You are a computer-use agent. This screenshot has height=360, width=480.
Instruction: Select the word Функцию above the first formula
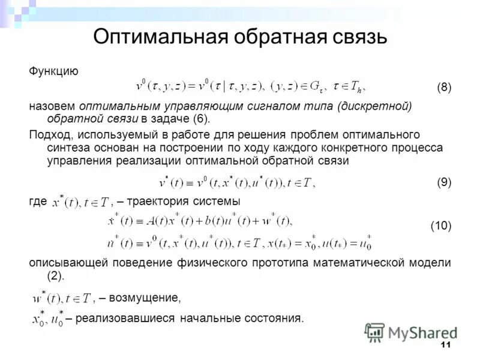[x=54, y=71]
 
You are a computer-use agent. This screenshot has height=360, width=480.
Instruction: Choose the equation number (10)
[x=441, y=226]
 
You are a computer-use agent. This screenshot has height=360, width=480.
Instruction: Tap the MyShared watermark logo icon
[x=375, y=332]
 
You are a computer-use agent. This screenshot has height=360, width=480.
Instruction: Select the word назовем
[x=52, y=106]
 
